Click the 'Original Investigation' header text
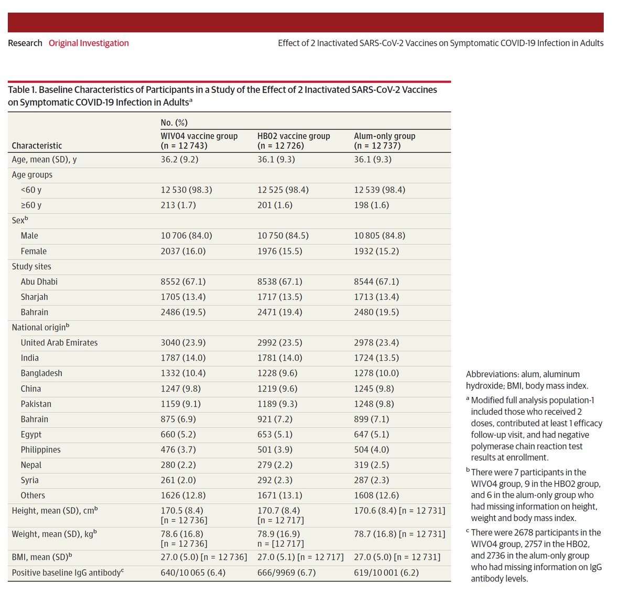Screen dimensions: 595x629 pos(89,43)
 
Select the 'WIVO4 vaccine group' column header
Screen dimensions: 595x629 pos(199,136)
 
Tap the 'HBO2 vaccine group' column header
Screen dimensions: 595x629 pos(294,136)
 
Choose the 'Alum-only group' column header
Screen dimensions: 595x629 pos(384,136)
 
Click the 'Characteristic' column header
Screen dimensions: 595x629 pos(37,146)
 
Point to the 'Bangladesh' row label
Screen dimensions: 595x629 pos(41,373)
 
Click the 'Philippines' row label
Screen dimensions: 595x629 pos(40,450)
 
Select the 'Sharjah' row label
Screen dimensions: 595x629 pos(34,297)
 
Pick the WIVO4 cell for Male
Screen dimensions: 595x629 pos(186,236)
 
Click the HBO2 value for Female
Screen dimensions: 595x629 pos(279,251)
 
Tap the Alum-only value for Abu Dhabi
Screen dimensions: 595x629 pos(376,282)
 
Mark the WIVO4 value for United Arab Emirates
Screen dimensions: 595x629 pos(183,343)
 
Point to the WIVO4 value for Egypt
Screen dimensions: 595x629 pos(180,435)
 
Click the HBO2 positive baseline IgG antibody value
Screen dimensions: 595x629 pos(286,572)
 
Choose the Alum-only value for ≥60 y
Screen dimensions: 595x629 pos(371,205)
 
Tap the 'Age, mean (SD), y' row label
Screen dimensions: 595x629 pos(44,159)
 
